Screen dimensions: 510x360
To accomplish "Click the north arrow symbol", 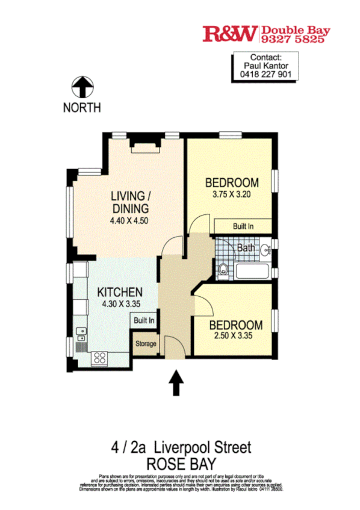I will coord(82,87).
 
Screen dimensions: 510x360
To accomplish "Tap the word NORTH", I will coord(82,108).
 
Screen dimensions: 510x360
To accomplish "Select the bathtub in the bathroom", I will coord(253,271).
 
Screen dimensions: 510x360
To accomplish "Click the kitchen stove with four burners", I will coord(99,358).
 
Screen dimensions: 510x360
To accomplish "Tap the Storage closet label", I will coord(145,344).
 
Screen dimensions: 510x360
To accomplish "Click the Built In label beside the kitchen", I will coord(144,321).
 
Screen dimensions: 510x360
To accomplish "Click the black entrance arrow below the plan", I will coord(176,383).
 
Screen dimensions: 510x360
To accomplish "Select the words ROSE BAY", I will coord(180,464).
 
